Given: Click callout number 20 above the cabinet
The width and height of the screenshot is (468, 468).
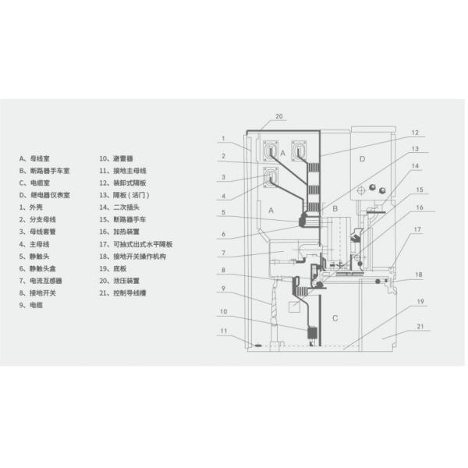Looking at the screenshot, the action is click(279, 116).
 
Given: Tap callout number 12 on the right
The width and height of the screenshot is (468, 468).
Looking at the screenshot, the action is click(415, 133).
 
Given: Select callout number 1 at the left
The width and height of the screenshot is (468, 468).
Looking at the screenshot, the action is click(223, 139).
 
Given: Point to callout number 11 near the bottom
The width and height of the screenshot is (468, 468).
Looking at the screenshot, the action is click(224, 331).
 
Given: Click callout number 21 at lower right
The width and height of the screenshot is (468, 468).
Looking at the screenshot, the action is click(420, 327).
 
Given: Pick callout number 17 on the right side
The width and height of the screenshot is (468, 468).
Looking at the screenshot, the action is click(417, 229).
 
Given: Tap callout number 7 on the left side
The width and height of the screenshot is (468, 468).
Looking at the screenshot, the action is click(223, 253).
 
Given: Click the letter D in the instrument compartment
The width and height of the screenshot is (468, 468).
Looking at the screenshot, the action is click(362, 159).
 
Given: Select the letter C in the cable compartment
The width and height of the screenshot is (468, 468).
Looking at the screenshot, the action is click(335, 318).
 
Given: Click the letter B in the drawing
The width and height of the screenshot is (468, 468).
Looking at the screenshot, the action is click(335, 208).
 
